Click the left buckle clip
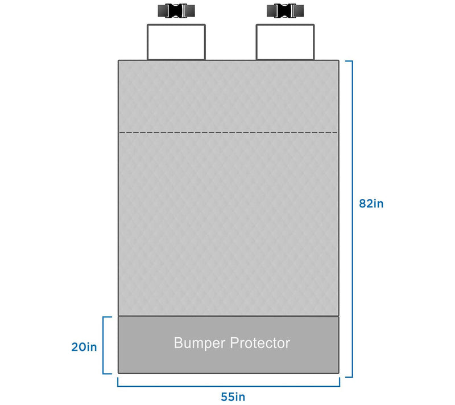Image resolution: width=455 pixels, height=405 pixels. click(176, 11)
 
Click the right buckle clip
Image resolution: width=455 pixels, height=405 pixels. click(286, 11)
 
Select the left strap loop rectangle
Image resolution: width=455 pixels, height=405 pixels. click(176, 24)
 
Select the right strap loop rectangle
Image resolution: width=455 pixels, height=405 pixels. click(286, 24)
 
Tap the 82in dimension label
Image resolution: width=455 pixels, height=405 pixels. click(371, 203)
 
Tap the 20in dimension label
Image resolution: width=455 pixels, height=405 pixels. click(84, 347)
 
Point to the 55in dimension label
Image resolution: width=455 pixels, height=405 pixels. click(233, 396)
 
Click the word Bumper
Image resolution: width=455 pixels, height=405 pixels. click(200, 343)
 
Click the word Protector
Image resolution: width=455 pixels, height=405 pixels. click(260, 343)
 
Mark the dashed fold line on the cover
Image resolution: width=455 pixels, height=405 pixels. click(229, 133)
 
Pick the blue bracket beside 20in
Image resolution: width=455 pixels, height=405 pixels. click(104, 345)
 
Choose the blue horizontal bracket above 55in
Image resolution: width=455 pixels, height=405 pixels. click(229, 386)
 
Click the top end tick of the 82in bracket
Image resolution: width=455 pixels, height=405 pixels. click(349, 61)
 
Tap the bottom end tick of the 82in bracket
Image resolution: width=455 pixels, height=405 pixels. click(349, 377)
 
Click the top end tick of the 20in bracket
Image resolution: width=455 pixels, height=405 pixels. click(107, 317)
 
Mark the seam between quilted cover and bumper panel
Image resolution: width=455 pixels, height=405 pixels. click(229, 316)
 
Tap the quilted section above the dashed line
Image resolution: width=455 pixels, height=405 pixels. click(229, 96)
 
